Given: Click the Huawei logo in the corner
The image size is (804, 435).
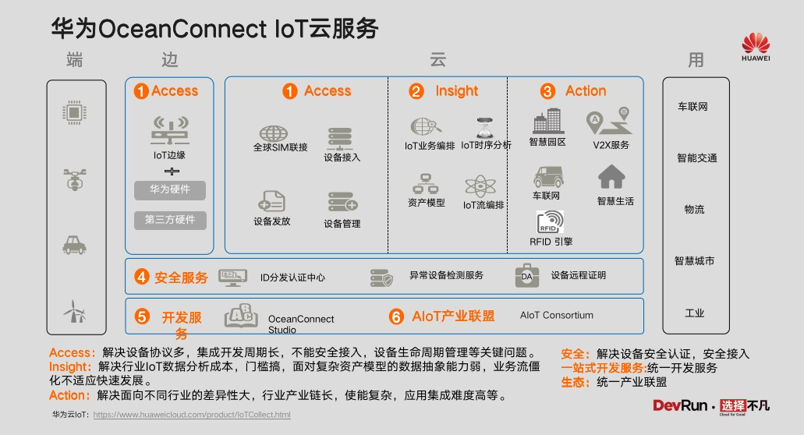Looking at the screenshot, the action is (756, 47).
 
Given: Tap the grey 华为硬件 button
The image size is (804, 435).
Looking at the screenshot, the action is (170, 190).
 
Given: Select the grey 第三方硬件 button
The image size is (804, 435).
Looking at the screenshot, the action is (170, 221).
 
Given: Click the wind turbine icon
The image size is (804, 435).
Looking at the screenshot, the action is (75, 311).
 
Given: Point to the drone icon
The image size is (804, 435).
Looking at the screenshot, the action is (75, 179).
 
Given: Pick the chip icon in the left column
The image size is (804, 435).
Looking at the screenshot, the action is (74, 112).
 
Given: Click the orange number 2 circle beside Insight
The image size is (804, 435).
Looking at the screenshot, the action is (416, 92).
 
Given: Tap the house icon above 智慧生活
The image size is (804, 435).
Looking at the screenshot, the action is (611, 177).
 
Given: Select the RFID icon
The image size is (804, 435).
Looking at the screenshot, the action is (551, 222).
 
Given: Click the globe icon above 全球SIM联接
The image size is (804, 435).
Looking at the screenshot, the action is (273, 133).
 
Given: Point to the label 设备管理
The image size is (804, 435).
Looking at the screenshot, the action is (342, 224).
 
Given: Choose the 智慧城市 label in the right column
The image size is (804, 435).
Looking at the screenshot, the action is (694, 261).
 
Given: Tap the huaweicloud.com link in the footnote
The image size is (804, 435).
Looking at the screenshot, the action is (192, 415).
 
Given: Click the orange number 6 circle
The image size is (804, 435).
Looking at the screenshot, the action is (396, 317).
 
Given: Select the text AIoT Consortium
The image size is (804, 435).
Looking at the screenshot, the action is (556, 315).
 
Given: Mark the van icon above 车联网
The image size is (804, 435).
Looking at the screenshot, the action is (548, 177).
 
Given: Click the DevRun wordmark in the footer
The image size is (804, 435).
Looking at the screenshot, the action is (680, 406).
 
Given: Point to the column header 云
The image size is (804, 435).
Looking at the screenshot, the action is (437, 60).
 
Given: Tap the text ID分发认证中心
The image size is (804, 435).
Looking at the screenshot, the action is (292, 278).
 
